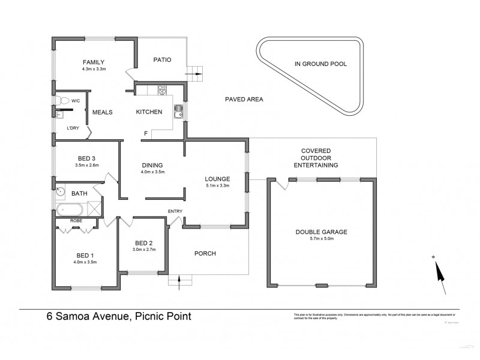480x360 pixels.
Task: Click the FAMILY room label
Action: pyautogui.click(x=94, y=62)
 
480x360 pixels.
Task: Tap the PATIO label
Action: pyautogui.click(x=162, y=59)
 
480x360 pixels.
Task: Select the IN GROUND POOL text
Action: pyautogui.click(x=320, y=63)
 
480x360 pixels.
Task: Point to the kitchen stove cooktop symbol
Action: pyautogui.click(x=161, y=91)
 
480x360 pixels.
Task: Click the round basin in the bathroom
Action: pyautogui.click(x=60, y=193)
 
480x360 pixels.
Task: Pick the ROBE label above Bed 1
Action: pyautogui.click(x=76, y=220)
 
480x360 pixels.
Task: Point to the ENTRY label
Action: pyautogui.click(x=175, y=211)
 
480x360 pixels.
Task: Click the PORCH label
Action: pyautogui.click(x=206, y=253)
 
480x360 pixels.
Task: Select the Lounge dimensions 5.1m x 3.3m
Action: pyautogui.click(x=217, y=185)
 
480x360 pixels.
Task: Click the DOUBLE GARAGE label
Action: pyautogui.click(x=322, y=232)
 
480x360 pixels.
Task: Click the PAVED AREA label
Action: pyautogui.click(x=244, y=100)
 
